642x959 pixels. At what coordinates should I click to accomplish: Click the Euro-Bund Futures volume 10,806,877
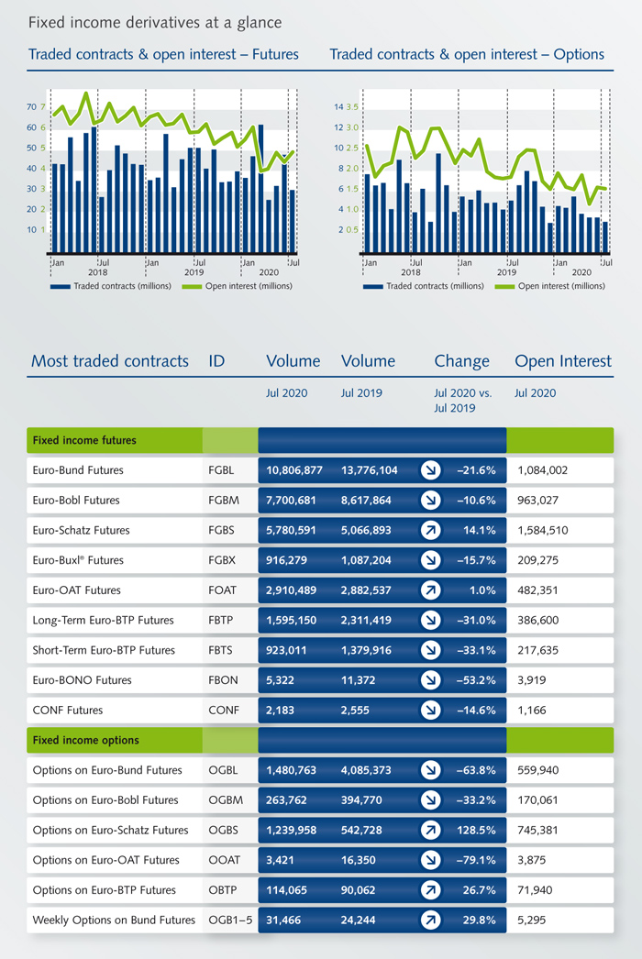tap(294, 470)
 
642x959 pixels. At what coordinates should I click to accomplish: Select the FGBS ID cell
tap(221, 530)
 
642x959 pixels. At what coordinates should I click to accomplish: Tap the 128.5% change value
tap(476, 830)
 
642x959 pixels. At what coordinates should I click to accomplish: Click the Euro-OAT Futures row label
tap(76, 590)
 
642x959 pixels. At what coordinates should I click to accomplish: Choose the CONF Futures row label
tap(67, 711)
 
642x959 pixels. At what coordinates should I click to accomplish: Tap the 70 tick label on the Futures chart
tap(31, 107)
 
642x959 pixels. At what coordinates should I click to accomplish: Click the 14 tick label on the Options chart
tap(338, 107)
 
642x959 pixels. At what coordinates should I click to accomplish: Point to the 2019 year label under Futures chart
tap(194, 272)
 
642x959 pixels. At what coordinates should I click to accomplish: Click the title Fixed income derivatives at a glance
tap(155, 21)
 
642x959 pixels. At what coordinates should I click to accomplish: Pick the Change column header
tap(461, 360)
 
